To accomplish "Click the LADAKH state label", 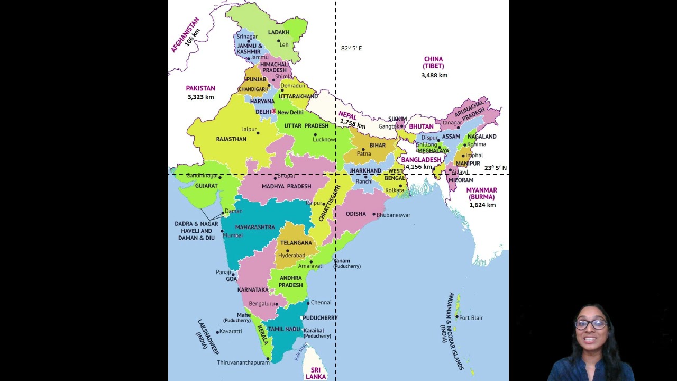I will (279, 32).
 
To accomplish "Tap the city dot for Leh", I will (279, 41).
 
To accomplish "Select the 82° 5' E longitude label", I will (351, 48).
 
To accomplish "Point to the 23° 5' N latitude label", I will (495, 168).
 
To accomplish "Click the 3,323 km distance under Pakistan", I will (200, 97).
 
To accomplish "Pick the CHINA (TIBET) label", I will (433, 62).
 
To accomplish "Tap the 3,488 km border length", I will (434, 75).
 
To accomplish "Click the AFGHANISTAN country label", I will (185, 35).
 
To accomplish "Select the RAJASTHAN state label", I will (231, 139).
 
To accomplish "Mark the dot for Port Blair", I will (457, 317).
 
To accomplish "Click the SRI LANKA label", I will (315, 373).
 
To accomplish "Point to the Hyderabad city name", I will (291, 255).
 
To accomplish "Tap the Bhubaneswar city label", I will (393, 215).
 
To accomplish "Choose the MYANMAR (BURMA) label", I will (481, 193).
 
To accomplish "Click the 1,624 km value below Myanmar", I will (482, 205).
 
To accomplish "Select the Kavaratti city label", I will (231, 331).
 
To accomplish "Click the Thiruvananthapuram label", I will (243, 362).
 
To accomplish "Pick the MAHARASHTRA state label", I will (255, 227).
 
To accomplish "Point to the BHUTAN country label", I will (421, 126).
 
